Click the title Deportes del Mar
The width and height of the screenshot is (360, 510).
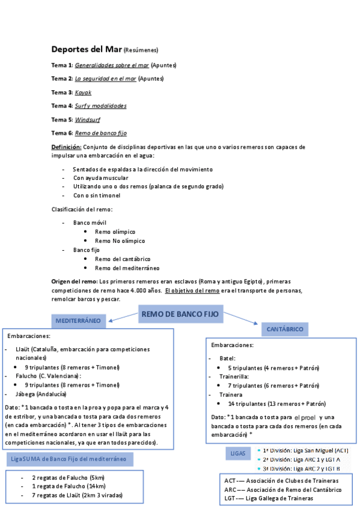pos(87,49)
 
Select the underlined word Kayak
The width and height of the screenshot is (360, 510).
pos(83,92)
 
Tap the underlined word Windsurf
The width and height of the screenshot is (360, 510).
pos(87,119)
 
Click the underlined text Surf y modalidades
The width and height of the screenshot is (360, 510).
pos(100,106)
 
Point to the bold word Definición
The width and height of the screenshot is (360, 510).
pos(66,147)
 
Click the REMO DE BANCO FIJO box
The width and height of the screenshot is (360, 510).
pos(179,314)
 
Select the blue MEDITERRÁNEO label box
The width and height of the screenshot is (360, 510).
pos(78,322)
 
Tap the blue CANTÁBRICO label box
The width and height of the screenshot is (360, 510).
pos(285,329)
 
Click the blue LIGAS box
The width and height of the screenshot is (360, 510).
pos(237,452)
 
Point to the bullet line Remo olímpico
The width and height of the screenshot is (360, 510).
pos(115,232)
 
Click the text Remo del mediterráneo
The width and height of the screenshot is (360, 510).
pos(127,268)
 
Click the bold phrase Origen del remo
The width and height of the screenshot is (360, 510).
pos(74,281)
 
